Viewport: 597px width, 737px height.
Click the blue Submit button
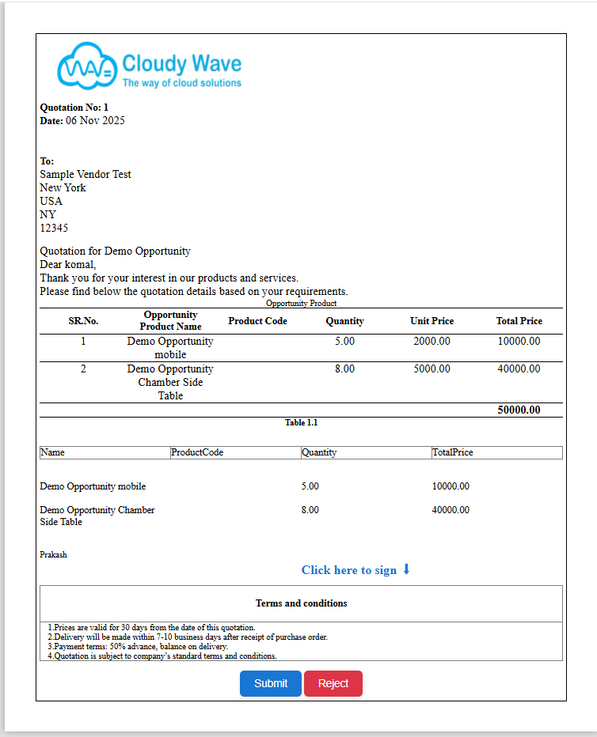(x=270, y=683)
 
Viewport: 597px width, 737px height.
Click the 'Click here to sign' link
(x=356, y=569)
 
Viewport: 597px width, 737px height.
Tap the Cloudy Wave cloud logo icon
(x=86, y=66)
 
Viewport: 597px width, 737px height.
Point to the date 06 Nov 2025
(x=95, y=120)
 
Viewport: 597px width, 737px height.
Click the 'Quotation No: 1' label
(x=74, y=107)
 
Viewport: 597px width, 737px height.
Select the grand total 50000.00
(x=519, y=410)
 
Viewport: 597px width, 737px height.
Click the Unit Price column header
(x=432, y=321)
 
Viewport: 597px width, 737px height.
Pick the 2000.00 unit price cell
(x=432, y=342)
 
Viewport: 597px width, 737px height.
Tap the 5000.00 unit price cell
(x=432, y=368)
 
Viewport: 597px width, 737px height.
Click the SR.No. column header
(x=83, y=321)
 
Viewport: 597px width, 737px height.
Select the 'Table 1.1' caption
(x=301, y=423)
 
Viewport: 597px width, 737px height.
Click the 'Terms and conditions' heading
(x=301, y=603)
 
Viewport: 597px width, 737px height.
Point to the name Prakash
(x=53, y=554)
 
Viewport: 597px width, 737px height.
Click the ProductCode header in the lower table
(x=197, y=452)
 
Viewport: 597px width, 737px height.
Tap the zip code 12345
(x=54, y=228)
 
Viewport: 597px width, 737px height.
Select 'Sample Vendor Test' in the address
(x=86, y=174)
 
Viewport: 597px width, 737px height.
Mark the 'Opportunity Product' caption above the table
(x=301, y=303)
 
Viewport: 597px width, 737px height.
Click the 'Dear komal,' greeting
(x=68, y=264)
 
